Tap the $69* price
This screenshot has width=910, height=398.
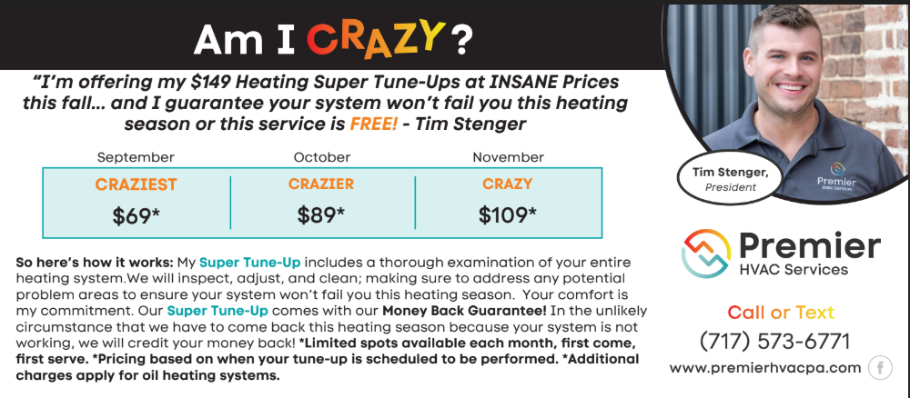136,215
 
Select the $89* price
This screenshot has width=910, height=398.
321,215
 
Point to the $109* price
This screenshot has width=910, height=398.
507,215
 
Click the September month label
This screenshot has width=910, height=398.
136,157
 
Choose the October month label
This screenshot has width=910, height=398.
322,157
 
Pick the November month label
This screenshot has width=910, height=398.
509,157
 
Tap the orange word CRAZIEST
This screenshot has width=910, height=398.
136,184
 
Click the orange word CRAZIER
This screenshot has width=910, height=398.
321,184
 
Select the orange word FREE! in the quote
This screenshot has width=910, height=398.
374,124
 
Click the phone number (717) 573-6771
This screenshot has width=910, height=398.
774,342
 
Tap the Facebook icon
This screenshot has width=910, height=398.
880,368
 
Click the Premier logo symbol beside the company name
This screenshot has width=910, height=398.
706,254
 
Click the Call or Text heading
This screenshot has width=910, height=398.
781,313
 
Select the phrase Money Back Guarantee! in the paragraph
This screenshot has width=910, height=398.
464,311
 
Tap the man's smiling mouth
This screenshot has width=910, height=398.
791,88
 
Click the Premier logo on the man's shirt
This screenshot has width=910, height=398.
836,176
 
